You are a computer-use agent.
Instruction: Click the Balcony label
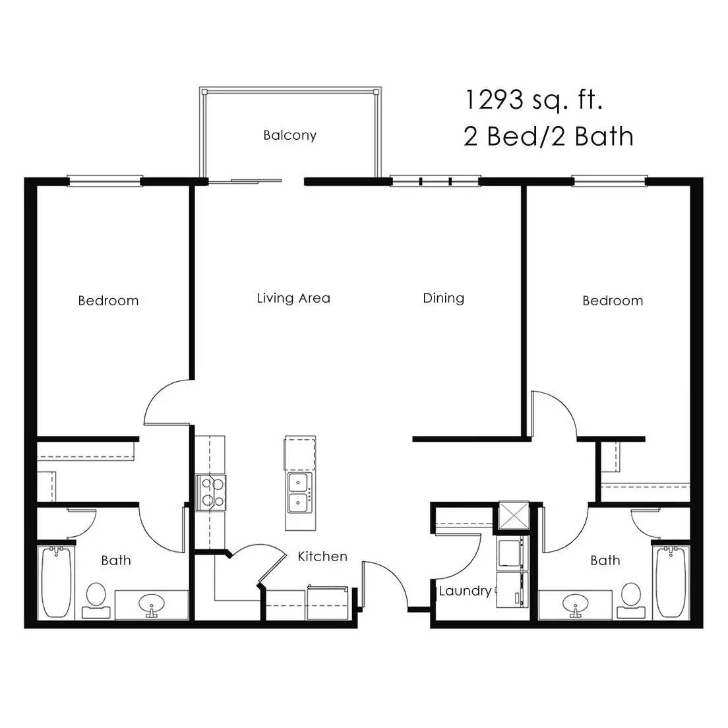pyautogui.click(x=289, y=135)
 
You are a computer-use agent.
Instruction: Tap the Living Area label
pyautogui.click(x=293, y=298)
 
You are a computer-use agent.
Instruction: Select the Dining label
pyautogui.click(x=443, y=298)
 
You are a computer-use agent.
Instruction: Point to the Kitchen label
pyautogui.click(x=322, y=556)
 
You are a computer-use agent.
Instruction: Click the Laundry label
pyautogui.click(x=465, y=591)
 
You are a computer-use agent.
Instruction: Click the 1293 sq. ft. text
pyautogui.click(x=533, y=100)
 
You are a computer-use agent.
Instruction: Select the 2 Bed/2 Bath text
pyautogui.click(x=549, y=136)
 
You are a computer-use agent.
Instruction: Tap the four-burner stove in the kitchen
pyautogui.click(x=210, y=493)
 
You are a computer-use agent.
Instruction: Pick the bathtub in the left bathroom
pyautogui.click(x=56, y=583)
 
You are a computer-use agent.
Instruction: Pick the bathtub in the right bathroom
pyautogui.click(x=671, y=583)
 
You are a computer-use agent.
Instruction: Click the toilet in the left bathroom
pyautogui.click(x=96, y=601)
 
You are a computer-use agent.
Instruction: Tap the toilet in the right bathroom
pyautogui.click(x=630, y=601)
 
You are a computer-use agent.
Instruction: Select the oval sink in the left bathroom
pyautogui.click(x=152, y=604)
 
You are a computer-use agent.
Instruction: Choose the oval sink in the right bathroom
pyautogui.click(x=575, y=604)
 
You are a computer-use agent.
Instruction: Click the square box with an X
pyautogui.click(x=514, y=516)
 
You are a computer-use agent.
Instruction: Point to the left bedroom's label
pyautogui.click(x=108, y=301)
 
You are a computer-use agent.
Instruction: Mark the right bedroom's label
pyautogui.click(x=613, y=301)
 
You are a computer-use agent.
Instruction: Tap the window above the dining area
pyautogui.click(x=435, y=181)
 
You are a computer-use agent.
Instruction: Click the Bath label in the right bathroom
pyautogui.click(x=605, y=561)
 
